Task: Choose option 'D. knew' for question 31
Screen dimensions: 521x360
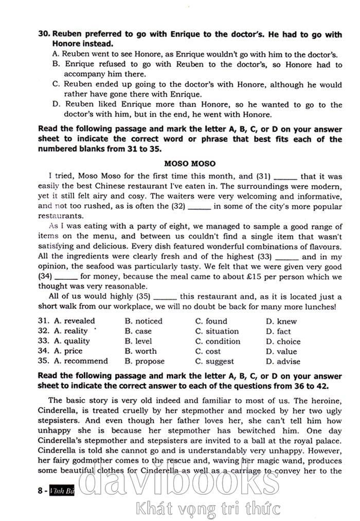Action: [x=281, y=321]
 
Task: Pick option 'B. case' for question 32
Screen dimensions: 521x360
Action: [x=138, y=331]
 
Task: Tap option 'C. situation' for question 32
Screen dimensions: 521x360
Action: [x=217, y=331]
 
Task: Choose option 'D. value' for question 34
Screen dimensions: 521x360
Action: [x=281, y=351]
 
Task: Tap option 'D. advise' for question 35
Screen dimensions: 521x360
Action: [x=283, y=361]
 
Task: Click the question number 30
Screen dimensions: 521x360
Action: [x=44, y=34]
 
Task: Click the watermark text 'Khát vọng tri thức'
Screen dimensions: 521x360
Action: [x=208, y=509]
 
